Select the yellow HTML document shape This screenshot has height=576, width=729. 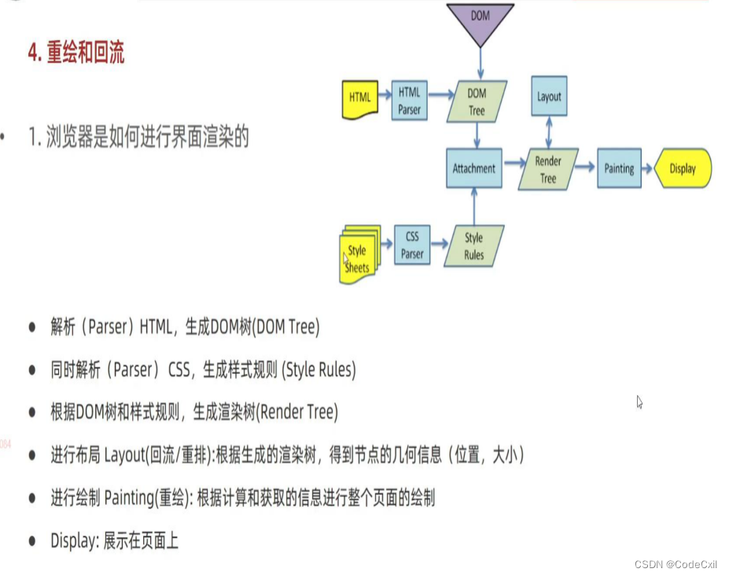click(359, 98)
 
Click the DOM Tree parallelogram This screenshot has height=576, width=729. click(477, 102)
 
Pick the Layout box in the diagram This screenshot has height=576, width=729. click(549, 97)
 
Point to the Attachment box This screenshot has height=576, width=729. click(473, 168)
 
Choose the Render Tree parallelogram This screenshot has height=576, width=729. click(548, 168)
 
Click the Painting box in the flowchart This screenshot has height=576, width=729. click(619, 168)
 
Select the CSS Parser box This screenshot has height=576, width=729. click(412, 245)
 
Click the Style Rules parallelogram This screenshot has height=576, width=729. click(473, 246)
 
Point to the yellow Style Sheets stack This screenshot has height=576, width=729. click(359, 253)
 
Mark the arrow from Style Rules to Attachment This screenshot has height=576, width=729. click(473, 207)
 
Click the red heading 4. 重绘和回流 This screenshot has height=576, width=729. click(75, 53)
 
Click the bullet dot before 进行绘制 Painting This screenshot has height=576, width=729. click(32, 498)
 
